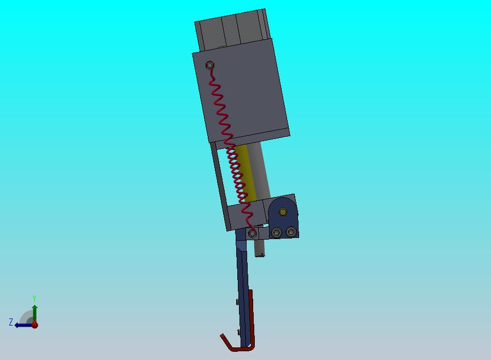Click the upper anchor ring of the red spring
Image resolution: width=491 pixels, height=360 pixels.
coord(210,66)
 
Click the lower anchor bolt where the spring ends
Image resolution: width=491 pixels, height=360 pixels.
coord(253,234)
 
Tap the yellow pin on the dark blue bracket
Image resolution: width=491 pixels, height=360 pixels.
coord(283,212)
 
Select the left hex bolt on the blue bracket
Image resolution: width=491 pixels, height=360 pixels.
coord(277,233)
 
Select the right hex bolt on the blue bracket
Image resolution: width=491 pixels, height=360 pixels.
coord(291,232)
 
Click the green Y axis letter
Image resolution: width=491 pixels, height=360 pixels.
coord(34,298)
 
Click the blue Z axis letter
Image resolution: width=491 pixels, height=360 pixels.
coord(11,322)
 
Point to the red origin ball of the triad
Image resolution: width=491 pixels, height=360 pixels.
coord(35,325)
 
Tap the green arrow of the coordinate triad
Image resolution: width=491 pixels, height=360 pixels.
coord(35,313)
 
